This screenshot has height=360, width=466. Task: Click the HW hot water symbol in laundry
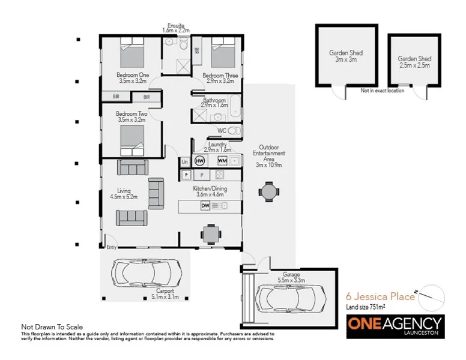coord(200,161)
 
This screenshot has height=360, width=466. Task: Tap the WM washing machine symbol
coord(222,161)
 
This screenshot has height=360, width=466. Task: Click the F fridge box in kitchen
coord(187,175)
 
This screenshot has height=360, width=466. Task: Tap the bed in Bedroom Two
coord(133,139)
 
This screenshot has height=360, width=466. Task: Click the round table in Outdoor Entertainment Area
coord(268,192)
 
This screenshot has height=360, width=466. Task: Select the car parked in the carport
coord(145,274)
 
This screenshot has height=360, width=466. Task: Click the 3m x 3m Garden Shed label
coord(345,56)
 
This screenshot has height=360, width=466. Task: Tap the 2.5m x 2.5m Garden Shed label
coord(414,62)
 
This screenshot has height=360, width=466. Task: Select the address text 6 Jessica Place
coord(380,296)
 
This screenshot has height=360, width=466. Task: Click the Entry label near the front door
coord(112,247)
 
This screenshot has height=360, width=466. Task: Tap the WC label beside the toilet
coord(220,130)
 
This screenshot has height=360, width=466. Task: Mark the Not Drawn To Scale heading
coord(52,327)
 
